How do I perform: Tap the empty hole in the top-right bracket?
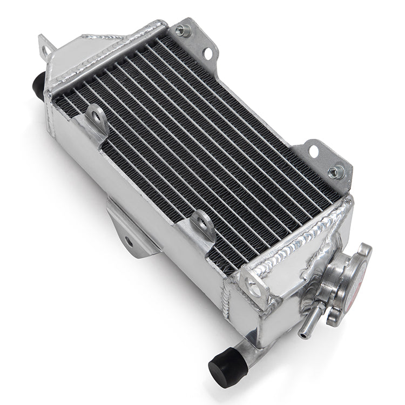[207, 52]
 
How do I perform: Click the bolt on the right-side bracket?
[334, 172]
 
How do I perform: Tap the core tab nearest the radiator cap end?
[202, 221]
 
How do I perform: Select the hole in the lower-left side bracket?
[129, 240]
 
